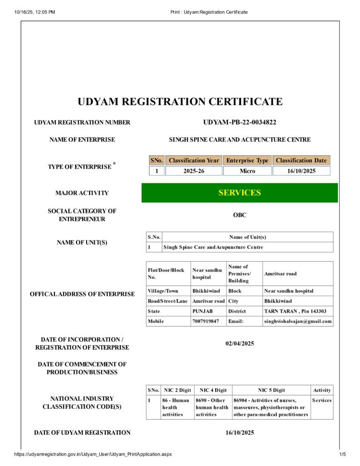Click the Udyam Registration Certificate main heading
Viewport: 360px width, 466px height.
click(x=180, y=102)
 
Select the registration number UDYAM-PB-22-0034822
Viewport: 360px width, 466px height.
click(x=240, y=122)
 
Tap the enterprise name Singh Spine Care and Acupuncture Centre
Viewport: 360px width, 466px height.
click(x=240, y=140)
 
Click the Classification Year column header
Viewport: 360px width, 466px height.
click(x=194, y=160)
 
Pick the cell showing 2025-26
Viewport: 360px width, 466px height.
click(x=194, y=171)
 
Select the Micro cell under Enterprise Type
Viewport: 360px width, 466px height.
click(x=247, y=171)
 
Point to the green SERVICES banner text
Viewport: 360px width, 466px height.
click(x=240, y=193)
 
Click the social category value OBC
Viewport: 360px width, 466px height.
click(x=240, y=215)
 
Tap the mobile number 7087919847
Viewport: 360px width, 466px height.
click(x=205, y=322)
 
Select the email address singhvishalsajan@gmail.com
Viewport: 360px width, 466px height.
click(x=298, y=322)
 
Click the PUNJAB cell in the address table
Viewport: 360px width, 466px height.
click(x=202, y=311)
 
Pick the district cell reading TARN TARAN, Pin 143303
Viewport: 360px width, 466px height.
click(x=295, y=311)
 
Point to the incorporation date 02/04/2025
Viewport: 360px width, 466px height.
click(x=240, y=344)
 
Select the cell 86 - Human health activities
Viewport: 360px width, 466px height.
click(x=176, y=407)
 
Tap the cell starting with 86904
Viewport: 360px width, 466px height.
click(x=271, y=407)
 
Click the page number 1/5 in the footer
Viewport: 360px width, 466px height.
click(x=342, y=454)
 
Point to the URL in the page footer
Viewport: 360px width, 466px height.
click(x=93, y=454)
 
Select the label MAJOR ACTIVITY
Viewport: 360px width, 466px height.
click(x=82, y=193)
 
